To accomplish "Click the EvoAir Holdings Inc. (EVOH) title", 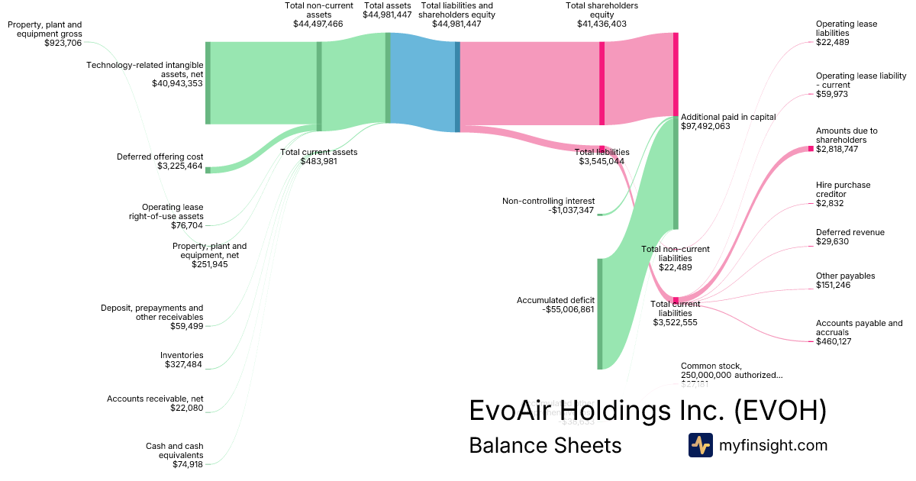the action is (x=647, y=410).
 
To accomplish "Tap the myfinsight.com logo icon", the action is (x=700, y=445).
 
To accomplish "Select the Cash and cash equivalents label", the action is (x=174, y=454).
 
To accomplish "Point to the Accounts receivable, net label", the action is (x=155, y=403).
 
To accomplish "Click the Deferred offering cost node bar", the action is (x=208, y=169).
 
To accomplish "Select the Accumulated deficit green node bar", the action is (x=599, y=314).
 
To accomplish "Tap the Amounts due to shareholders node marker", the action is (x=811, y=148).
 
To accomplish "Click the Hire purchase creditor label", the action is (x=843, y=194).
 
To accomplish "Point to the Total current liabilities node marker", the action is (x=676, y=300).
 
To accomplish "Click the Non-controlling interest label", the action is (x=548, y=205).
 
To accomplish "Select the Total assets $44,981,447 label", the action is (x=387, y=10).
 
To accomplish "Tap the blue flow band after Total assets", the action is (x=422, y=83).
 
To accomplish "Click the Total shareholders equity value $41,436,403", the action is (x=602, y=24).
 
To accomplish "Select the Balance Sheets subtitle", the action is (x=545, y=445).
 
